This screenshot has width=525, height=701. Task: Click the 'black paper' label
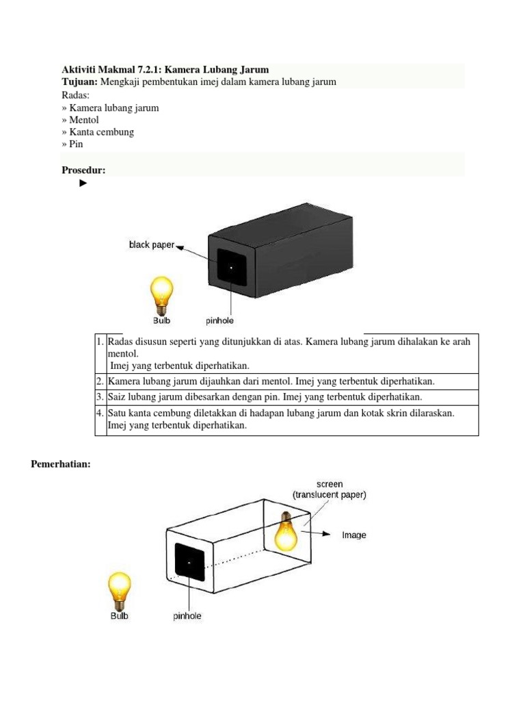[152, 244]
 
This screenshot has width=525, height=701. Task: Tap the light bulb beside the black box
[161, 293]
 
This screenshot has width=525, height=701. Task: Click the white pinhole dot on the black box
[231, 266]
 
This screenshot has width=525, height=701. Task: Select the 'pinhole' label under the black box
[221, 320]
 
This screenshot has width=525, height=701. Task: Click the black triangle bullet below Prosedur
[83, 183]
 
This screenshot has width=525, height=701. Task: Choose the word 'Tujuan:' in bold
[81, 82]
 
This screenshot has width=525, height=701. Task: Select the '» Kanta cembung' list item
[98, 132]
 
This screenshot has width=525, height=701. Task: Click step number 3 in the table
[100, 397]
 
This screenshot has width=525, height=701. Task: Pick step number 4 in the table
[100, 413]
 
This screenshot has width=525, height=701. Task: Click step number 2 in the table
[100, 381]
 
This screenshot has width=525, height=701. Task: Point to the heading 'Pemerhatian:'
[61, 465]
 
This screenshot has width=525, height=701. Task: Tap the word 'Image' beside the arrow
[354, 535]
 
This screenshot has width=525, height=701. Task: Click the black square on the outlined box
[190, 561]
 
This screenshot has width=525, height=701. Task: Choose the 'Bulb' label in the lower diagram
[119, 615]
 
